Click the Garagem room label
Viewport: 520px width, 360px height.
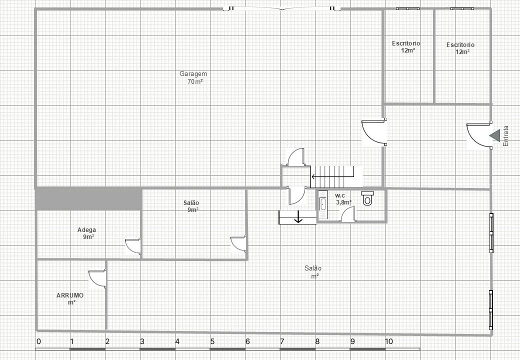click(x=193, y=74)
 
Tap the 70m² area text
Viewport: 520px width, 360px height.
click(x=195, y=81)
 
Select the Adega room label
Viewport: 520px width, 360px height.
click(x=86, y=229)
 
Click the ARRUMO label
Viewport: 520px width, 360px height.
click(x=70, y=295)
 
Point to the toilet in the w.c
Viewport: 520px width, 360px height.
click(x=367, y=198)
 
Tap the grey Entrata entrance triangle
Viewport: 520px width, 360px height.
click(x=495, y=135)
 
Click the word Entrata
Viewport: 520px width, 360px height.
click(x=505, y=136)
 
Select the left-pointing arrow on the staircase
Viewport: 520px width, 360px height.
click(x=332, y=176)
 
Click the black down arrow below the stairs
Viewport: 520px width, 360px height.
click(x=298, y=217)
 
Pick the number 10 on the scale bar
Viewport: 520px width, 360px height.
click(x=388, y=341)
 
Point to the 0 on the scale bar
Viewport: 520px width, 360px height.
click(x=39, y=341)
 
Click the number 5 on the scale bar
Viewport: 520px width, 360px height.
click(x=212, y=341)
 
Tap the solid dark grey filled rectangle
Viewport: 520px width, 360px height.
click(x=88, y=199)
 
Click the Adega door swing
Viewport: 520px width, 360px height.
click(x=133, y=246)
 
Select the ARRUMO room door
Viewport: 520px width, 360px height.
click(x=97, y=278)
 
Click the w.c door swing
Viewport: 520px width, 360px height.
click(x=348, y=214)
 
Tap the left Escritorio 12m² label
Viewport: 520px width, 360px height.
click(x=406, y=46)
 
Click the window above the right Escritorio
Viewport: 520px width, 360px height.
click(x=462, y=8)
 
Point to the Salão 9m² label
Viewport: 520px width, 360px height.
click(x=191, y=206)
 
